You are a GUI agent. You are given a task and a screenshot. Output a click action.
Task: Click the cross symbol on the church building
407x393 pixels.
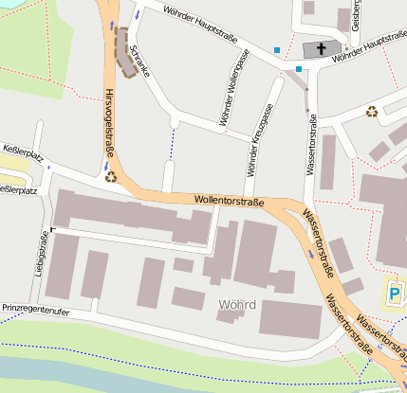(321, 47)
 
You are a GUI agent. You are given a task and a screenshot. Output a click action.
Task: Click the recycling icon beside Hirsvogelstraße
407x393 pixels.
(111, 175)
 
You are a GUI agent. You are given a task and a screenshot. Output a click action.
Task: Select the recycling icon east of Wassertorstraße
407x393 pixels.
(372, 111)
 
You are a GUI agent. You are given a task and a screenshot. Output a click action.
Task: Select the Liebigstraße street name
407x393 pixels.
(41, 253)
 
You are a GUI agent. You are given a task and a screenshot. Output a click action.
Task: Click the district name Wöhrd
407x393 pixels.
(236, 305)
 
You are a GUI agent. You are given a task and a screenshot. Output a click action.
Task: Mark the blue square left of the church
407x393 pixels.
(277, 49)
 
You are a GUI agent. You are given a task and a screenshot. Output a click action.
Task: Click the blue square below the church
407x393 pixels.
(299, 68)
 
